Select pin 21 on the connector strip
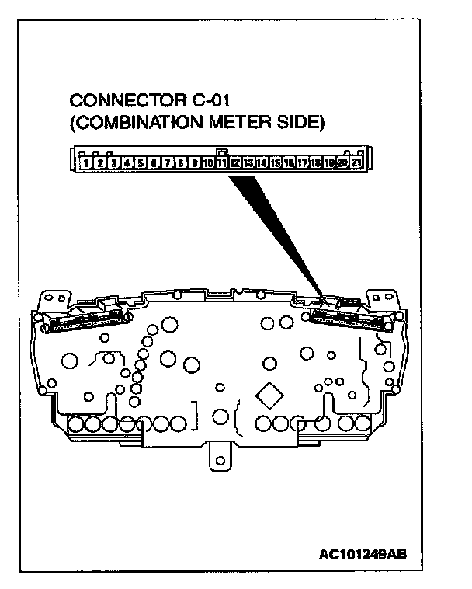coord(356,163)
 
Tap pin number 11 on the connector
coord(221,163)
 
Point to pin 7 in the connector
coord(167,163)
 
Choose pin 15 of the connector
coord(276,163)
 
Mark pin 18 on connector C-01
coord(316,163)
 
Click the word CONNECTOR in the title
coord(120,101)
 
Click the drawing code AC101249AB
coord(363,554)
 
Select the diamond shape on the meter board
coord(271,395)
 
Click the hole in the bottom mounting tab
coord(221,462)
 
